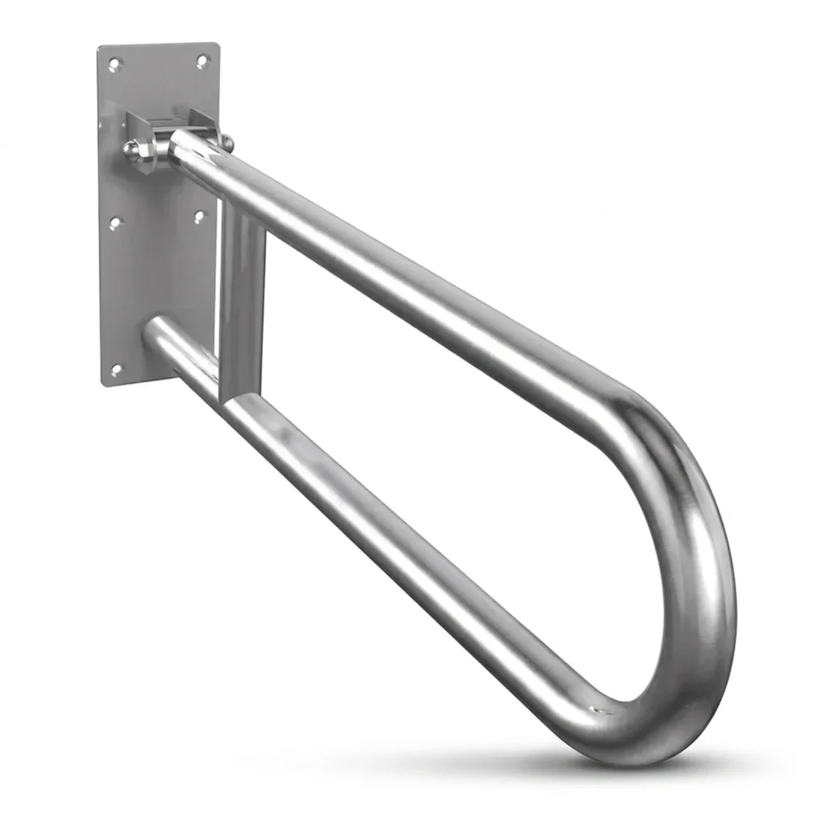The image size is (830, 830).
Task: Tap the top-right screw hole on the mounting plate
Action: (x=203, y=61)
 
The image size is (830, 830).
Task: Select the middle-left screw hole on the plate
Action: (x=115, y=221)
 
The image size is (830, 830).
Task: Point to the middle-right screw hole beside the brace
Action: (x=200, y=216)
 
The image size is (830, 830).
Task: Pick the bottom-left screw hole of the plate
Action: (x=116, y=370)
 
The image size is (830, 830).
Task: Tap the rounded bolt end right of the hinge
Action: (x=229, y=144)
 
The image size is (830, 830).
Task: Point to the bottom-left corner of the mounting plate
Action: (x=105, y=384)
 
